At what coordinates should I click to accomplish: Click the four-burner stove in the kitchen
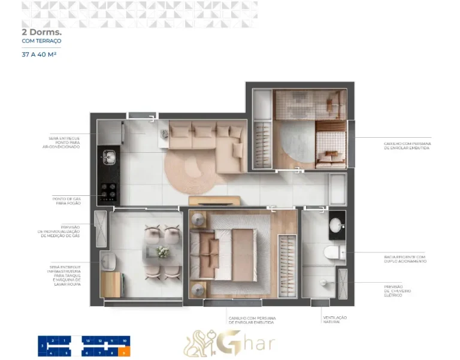click(x=108, y=191)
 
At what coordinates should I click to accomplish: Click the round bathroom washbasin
click(x=337, y=225)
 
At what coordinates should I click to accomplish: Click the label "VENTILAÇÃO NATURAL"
click(x=335, y=319)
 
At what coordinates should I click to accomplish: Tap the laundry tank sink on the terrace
click(x=108, y=261)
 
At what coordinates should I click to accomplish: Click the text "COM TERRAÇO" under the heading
click(x=41, y=42)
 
